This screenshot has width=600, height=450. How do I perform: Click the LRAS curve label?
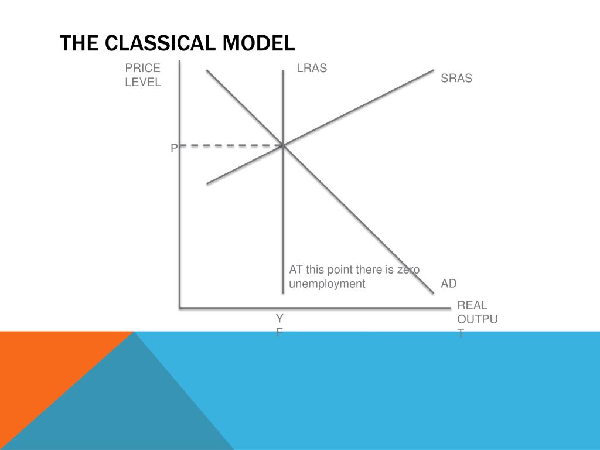pos(312,69)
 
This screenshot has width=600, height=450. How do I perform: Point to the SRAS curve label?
pos(456,79)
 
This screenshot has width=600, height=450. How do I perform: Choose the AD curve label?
pos(449,284)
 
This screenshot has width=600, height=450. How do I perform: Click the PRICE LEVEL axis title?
pos(143,76)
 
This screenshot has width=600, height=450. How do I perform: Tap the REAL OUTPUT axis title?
pos(476,319)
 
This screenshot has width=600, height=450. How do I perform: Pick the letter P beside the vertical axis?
pos(174,149)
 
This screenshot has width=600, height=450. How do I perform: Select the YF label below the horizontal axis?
pos(279,326)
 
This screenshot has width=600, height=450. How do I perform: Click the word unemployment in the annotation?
pos(327,284)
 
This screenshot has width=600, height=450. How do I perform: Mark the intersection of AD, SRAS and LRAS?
pos(284,145)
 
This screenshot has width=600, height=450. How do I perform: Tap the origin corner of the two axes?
pos(180,306)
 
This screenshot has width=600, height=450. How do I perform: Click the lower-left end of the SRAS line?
pos(208,183)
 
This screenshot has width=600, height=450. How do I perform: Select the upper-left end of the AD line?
pos(207,71)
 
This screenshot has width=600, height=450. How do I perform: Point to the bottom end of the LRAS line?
pos(284,292)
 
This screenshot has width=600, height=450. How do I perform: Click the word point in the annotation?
pos(340,270)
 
